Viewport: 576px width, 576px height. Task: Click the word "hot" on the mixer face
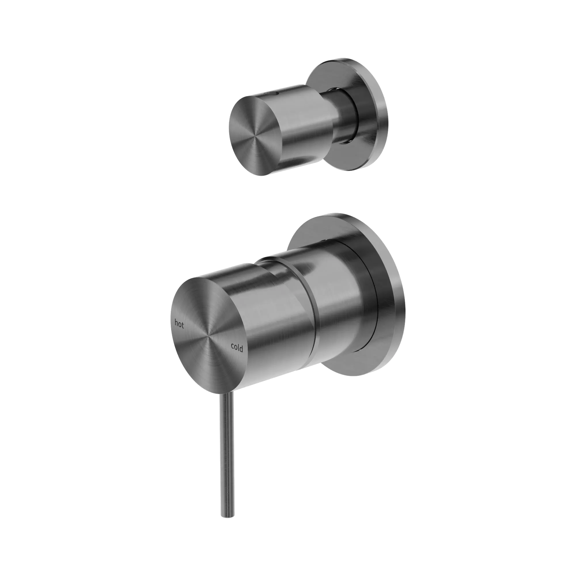179,324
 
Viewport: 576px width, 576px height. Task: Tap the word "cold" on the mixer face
237,348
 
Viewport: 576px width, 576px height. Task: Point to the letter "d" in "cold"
241,348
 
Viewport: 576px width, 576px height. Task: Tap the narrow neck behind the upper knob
346,116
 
